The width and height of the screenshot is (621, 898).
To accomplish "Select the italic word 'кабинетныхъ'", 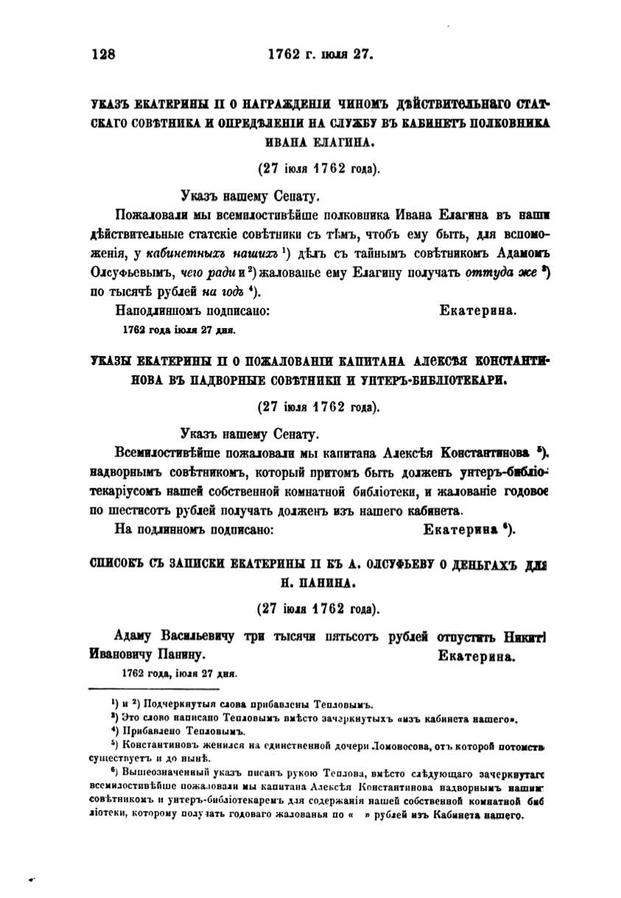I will [x=175, y=254].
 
